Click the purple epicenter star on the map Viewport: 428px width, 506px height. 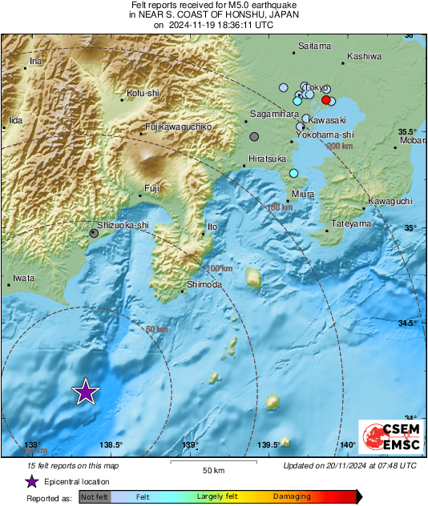85,392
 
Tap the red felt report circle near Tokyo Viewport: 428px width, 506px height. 326,99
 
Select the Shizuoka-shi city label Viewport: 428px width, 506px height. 123,226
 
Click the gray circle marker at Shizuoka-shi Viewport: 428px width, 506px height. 95,233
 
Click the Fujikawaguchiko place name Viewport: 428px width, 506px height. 178,127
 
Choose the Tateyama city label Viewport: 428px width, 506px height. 352,223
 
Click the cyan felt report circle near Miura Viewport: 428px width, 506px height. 294,174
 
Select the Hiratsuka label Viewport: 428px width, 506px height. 268,159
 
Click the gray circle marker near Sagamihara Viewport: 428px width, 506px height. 254,137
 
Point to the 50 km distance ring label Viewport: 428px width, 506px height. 157,329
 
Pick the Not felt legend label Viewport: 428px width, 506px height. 95,497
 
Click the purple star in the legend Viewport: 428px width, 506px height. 31,482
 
